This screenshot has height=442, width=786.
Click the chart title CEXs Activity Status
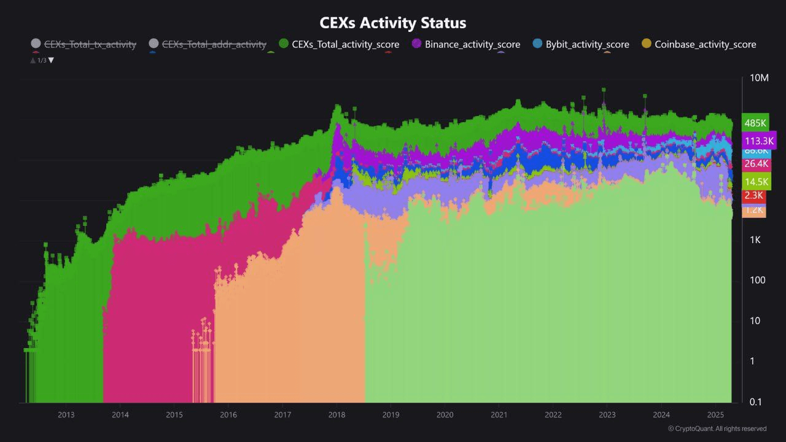click(393, 23)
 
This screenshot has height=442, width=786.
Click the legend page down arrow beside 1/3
click(51, 60)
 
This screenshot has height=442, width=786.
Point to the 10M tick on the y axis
click(759, 78)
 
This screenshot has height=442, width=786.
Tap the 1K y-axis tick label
click(755, 240)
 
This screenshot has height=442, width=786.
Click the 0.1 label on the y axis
click(755, 402)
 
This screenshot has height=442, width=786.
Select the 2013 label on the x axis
click(66, 414)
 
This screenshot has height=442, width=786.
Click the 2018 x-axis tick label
click(337, 414)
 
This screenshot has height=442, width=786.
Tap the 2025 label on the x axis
click(715, 414)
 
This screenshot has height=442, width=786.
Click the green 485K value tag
click(755, 123)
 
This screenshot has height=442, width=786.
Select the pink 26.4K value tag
click(756, 164)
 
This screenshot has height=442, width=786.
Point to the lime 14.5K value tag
click(756, 182)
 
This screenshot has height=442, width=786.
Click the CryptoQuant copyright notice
click(717, 428)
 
